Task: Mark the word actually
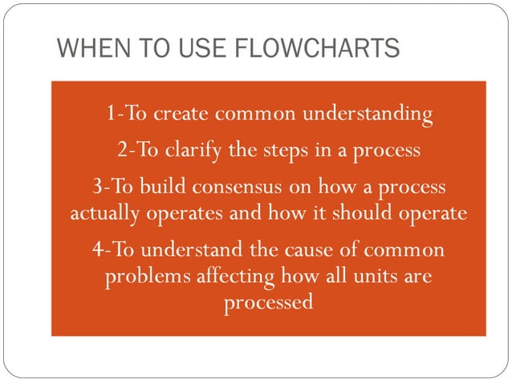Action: (x=104, y=214)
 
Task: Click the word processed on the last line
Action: (x=268, y=304)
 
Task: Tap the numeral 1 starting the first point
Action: (x=110, y=114)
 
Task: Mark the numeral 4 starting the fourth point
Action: (x=97, y=250)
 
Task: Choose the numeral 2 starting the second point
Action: (x=121, y=150)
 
